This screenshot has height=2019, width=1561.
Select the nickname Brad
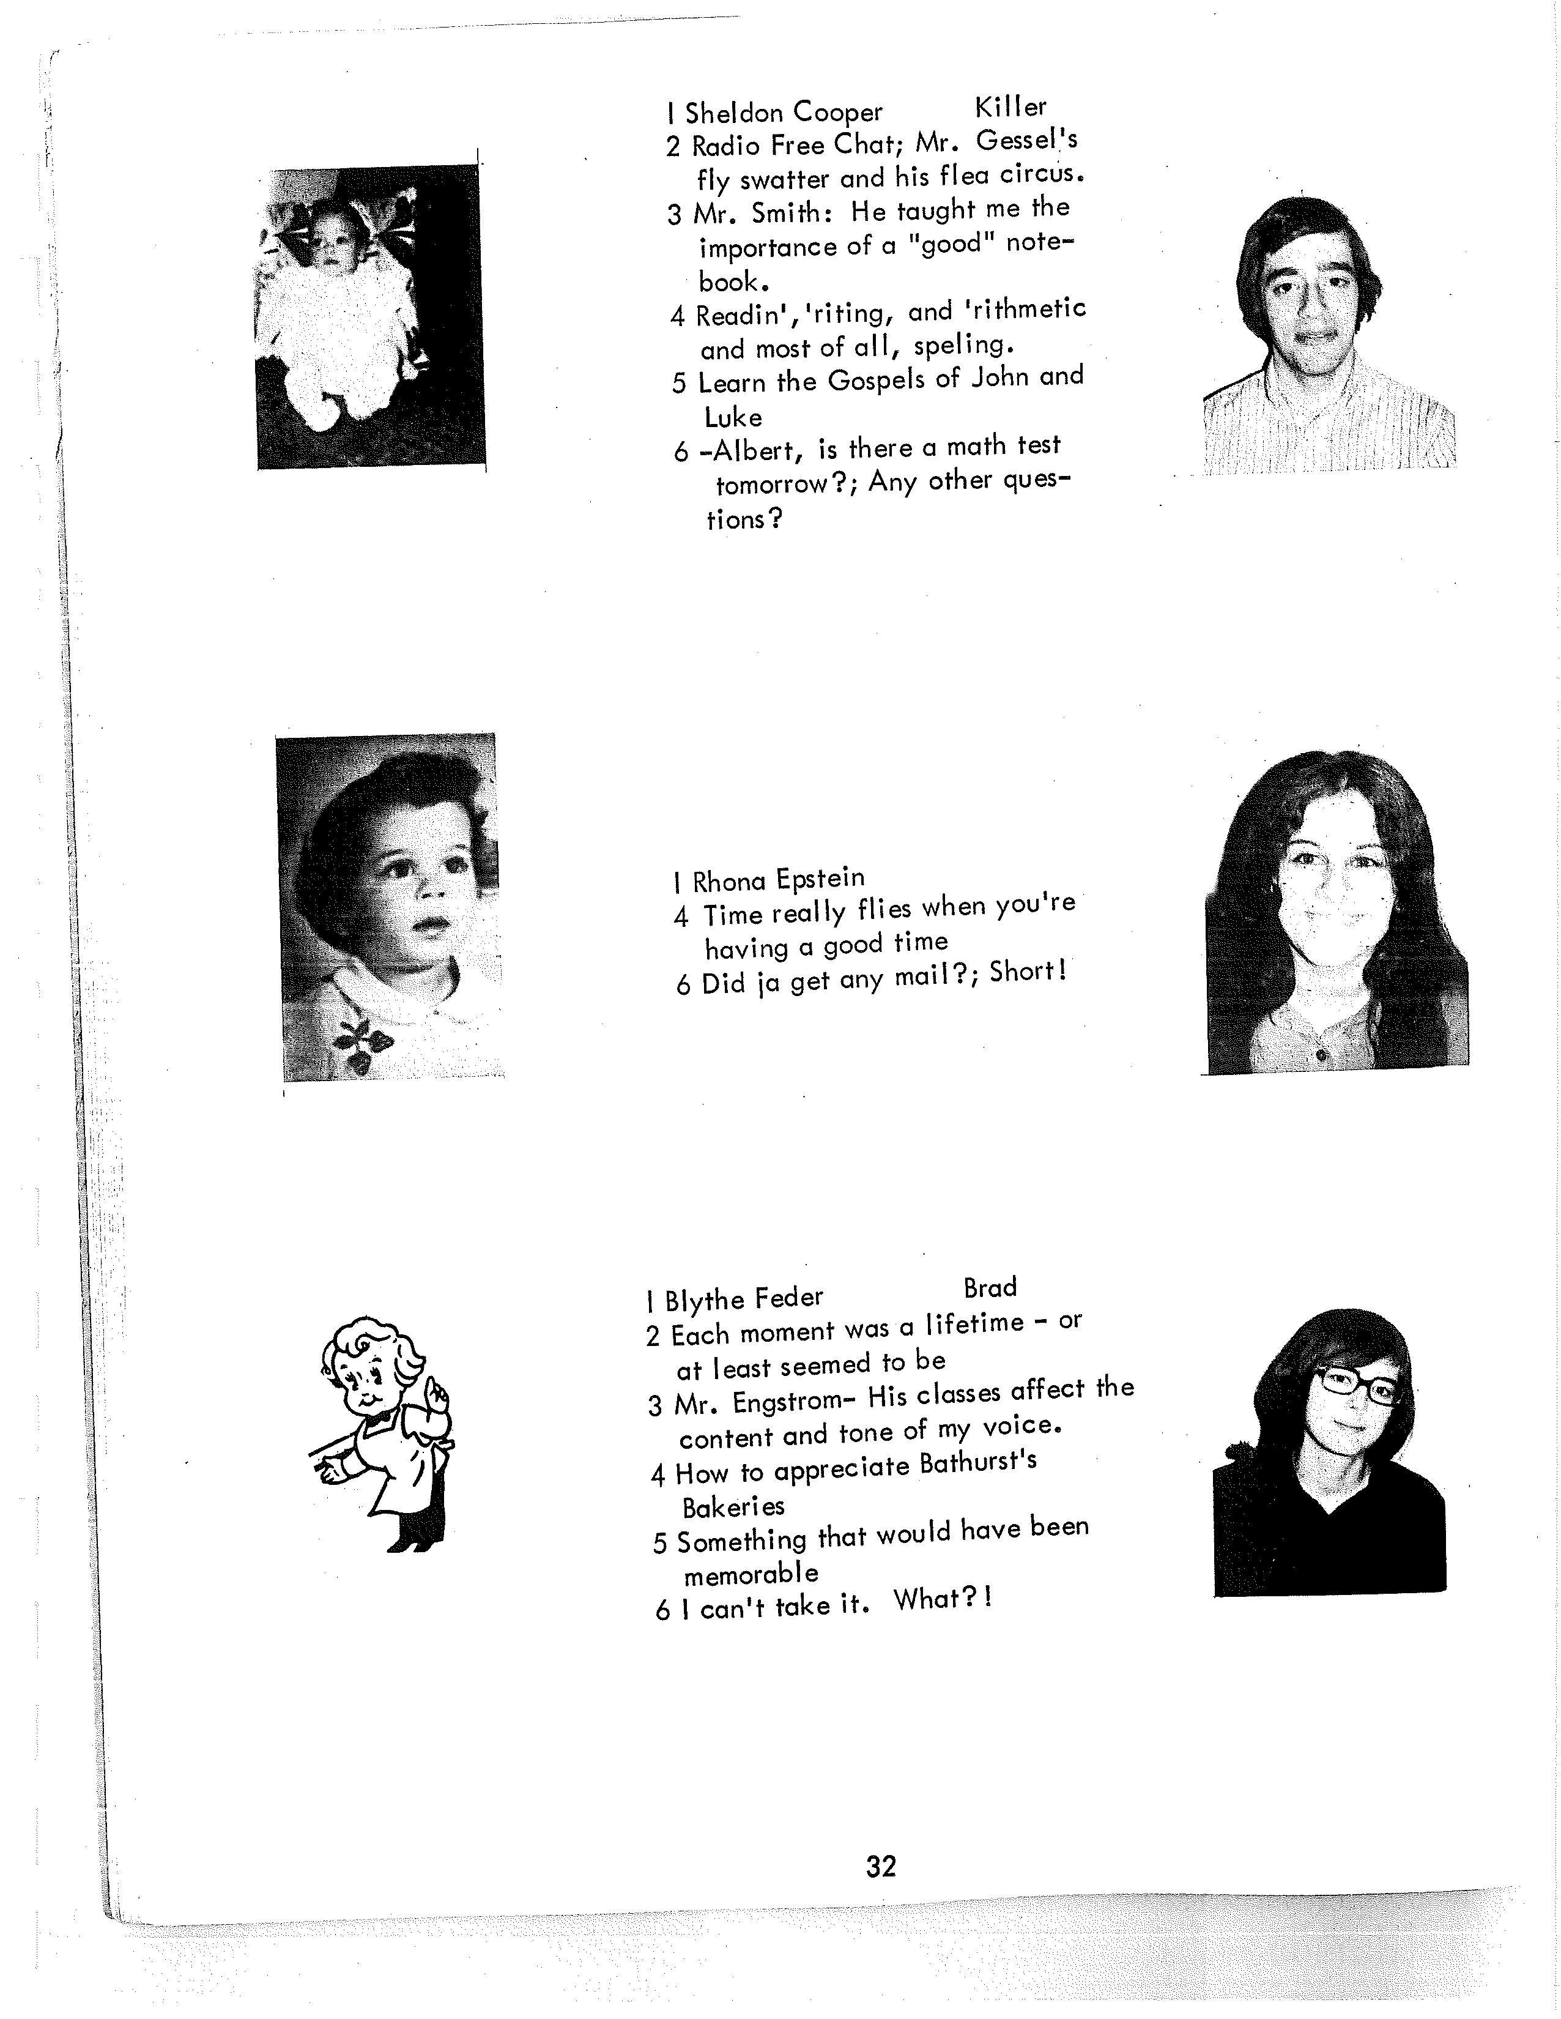tap(989, 1288)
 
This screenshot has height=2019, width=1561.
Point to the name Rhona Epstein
tap(778, 878)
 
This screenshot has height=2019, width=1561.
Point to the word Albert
tap(749, 450)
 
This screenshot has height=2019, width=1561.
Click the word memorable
tap(751, 1572)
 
